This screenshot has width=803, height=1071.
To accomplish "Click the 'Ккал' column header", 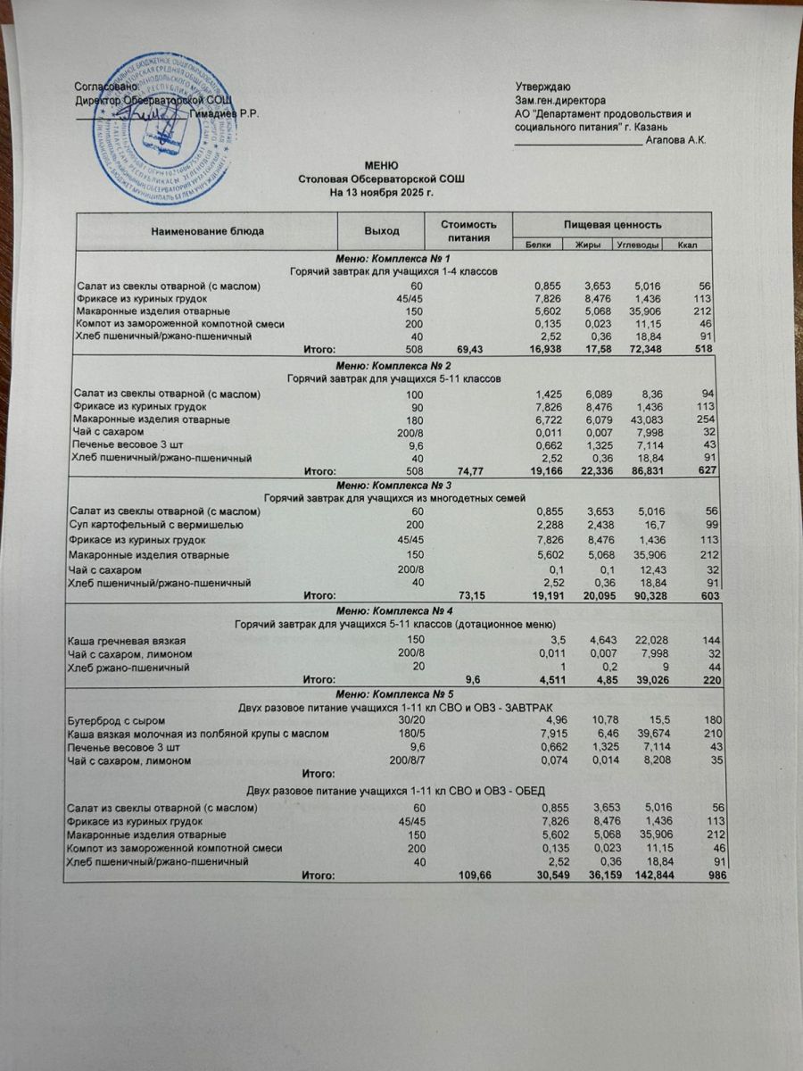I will tap(687, 245).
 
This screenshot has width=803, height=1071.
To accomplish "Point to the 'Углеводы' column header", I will tap(639, 245).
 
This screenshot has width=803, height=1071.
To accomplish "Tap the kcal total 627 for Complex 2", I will tap(708, 469).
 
